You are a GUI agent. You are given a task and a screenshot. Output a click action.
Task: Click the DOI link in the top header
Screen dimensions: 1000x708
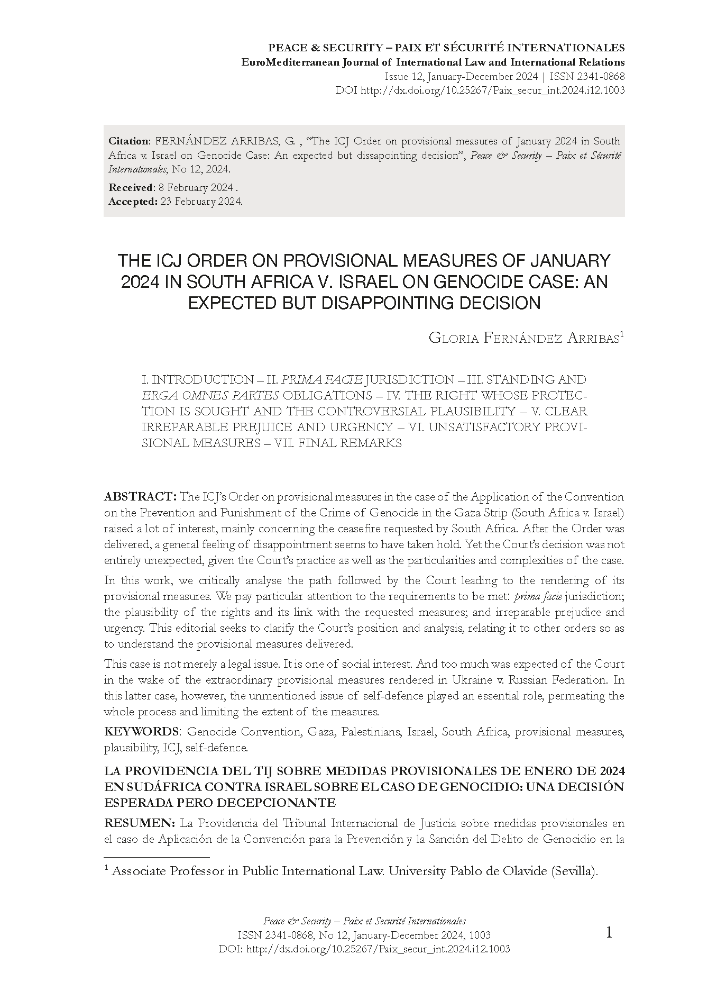click(x=492, y=90)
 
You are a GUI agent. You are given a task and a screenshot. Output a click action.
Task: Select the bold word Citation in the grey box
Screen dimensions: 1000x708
click(x=128, y=141)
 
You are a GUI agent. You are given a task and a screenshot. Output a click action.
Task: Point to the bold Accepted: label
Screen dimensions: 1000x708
click(x=133, y=202)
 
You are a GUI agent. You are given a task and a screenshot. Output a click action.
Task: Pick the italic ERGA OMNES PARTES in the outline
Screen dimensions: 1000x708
click(x=210, y=396)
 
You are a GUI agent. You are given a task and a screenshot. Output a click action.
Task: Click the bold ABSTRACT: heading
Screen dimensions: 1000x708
click(x=140, y=497)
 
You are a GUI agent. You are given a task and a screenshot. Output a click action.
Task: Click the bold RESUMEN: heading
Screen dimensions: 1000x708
click(x=140, y=823)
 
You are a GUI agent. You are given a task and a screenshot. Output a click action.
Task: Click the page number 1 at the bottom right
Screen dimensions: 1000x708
click(x=609, y=933)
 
